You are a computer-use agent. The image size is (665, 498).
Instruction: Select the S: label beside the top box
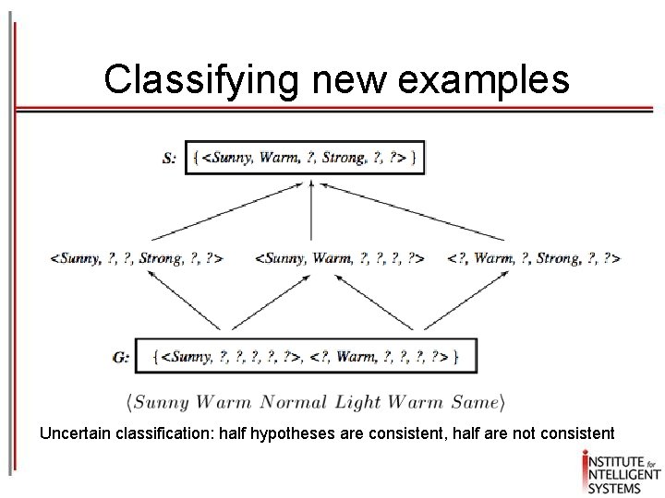170,158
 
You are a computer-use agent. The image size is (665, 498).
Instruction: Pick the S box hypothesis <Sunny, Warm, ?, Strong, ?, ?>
307,158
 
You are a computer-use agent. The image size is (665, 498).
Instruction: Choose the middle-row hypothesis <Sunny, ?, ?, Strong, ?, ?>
136,258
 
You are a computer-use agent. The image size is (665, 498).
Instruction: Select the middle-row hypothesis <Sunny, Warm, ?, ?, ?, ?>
339,258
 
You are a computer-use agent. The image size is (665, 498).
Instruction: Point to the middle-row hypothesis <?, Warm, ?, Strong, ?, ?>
533,258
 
